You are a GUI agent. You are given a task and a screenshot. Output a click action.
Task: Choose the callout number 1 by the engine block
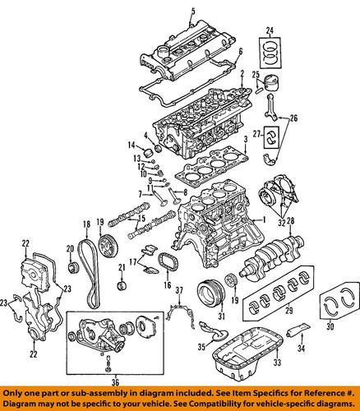point(264,220)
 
